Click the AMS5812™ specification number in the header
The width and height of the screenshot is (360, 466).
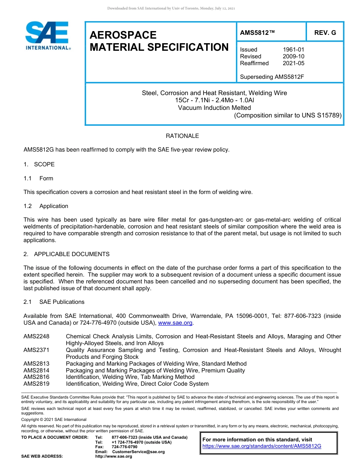[x=257, y=33]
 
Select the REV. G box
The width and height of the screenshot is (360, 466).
[x=325, y=33]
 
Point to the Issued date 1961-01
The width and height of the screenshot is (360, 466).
[x=293, y=50]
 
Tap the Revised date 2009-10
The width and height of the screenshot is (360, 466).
[x=293, y=56]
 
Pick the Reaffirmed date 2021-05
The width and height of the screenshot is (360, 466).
[x=293, y=63]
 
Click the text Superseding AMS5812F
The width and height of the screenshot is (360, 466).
[x=272, y=77]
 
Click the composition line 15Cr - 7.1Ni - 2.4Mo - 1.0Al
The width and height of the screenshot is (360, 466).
[x=214, y=100]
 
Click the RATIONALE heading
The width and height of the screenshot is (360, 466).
[x=182, y=136]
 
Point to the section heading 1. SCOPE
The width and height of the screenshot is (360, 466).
[x=39, y=164]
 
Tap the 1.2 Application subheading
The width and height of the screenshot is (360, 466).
[x=46, y=206]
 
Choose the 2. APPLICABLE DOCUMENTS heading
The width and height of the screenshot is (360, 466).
[x=66, y=254]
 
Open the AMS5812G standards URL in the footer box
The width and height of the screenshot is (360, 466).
[x=262, y=446]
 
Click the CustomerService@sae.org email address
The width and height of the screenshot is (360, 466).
[x=138, y=452]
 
